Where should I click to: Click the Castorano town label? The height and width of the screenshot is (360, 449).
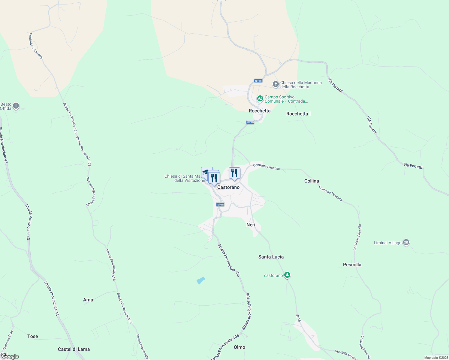pos(228,187)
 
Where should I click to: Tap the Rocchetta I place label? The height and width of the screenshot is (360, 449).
pos(298,114)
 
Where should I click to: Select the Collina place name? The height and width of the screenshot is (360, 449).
pos(312,181)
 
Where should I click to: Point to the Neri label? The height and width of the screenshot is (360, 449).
pos(251,225)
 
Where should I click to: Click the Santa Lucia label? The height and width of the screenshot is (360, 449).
pos(271,257)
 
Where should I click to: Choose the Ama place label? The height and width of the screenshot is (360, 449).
pos(88,300)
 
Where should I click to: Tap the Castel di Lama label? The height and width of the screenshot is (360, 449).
pos(74,349)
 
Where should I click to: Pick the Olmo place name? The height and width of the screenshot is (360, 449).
pos(240,347)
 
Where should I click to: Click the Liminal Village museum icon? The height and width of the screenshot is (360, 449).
pos(406,242)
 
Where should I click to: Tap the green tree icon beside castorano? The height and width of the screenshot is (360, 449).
pos(287,275)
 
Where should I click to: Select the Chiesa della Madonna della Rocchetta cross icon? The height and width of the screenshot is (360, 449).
pos(276,84)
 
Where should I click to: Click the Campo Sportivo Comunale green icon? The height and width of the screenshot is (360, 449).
pos(260,98)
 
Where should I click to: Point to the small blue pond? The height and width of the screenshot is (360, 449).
pos(200,280)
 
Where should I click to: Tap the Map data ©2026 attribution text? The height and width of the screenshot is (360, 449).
pos(436,358)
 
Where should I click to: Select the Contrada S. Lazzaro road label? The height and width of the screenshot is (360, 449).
pos(36,46)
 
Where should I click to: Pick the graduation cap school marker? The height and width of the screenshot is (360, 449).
pos(206,172)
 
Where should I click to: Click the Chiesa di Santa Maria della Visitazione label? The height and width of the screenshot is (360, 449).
pos(184,178)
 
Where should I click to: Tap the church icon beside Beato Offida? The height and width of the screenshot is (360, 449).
pos(16,106)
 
